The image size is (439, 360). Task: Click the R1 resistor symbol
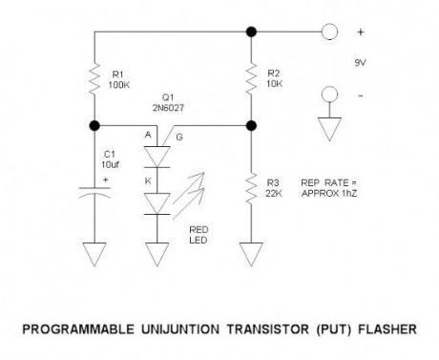click(x=95, y=79)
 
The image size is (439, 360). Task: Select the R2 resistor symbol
click(x=250, y=79)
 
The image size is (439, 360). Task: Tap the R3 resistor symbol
click(x=250, y=189)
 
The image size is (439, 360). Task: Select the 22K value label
click(x=275, y=194)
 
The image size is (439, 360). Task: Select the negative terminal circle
click(x=329, y=94)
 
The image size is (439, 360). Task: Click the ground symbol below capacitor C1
click(x=95, y=254)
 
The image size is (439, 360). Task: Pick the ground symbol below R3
click(x=250, y=254)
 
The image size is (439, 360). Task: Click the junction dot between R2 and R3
click(x=250, y=125)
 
